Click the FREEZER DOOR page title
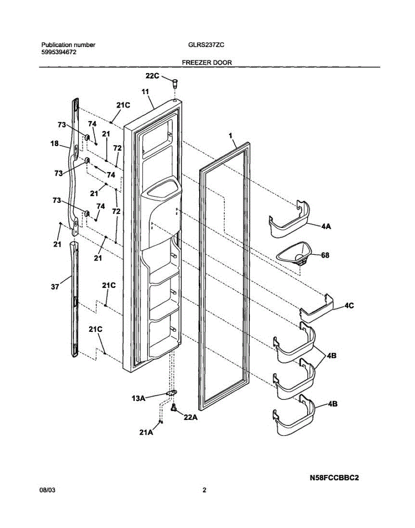point(207,63)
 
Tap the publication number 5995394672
point(59,52)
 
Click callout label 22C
point(152,76)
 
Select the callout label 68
point(325,255)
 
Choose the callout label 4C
point(349,305)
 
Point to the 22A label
point(190,418)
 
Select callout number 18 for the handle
point(55,143)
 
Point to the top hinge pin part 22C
point(175,82)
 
